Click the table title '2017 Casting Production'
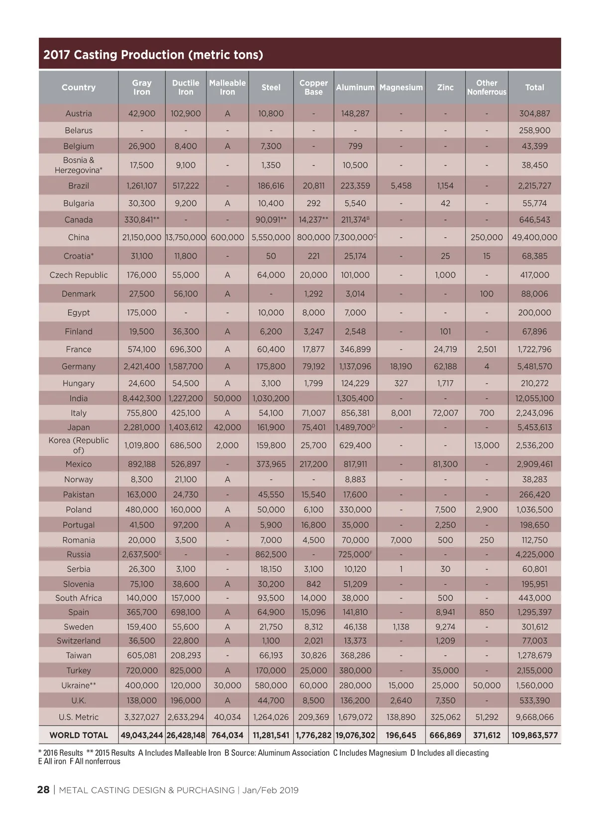coord(153,55)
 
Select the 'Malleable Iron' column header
coord(227,87)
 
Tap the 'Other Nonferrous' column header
coord(487,87)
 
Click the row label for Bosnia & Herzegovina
coord(79,165)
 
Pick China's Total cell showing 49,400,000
coord(534,237)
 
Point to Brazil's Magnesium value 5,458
coord(401,185)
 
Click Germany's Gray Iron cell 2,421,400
coord(142,366)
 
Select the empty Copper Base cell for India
coord(313,398)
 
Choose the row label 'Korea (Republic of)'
coord(79,445)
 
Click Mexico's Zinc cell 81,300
coord(445,464)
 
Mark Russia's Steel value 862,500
coord(271,554)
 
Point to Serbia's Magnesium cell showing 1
coord(401,569)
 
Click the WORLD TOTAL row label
coord(79,735)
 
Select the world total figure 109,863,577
coord(534,735)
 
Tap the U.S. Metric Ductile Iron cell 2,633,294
coord(186,717)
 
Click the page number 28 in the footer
coord(43,790)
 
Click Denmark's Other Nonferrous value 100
coord(487,294)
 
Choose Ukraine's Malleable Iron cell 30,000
coord(227,685)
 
